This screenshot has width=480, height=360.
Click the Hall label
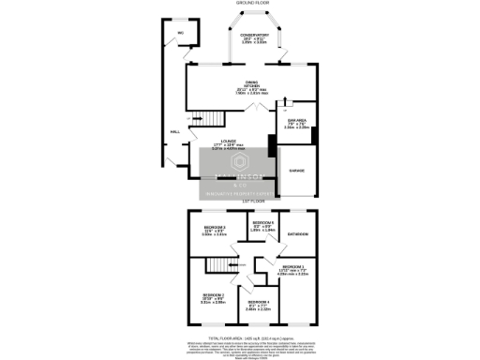click(174, 132)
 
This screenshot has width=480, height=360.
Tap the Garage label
click(296, 171)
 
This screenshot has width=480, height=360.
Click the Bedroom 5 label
click(263, 223)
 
